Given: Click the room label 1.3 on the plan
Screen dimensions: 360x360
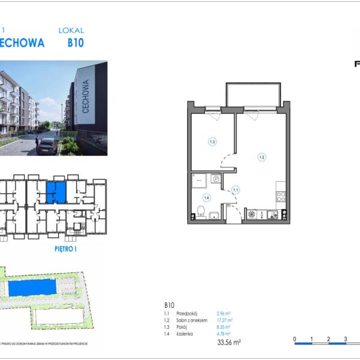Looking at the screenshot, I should pos(212,142).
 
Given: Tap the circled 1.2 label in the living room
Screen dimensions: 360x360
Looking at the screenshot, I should pos(262,157).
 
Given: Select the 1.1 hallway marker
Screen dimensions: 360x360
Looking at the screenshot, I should pos(236,190).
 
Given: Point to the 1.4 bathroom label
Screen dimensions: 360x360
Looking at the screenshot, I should pos(206,197).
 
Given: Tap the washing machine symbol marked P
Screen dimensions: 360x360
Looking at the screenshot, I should pos(216,178).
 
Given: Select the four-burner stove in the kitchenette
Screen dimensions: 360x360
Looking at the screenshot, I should pos(279,196).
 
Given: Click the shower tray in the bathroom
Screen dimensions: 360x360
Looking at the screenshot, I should pos(199,179).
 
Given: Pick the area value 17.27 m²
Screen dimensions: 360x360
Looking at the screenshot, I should pos(224,320).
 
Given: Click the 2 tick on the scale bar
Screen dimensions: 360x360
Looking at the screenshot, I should pos(329,339).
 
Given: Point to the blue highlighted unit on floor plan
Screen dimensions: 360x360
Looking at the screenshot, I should pos(56,193).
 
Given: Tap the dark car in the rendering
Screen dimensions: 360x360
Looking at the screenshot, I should pos(47,145).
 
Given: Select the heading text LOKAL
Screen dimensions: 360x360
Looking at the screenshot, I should pos(71,30).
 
